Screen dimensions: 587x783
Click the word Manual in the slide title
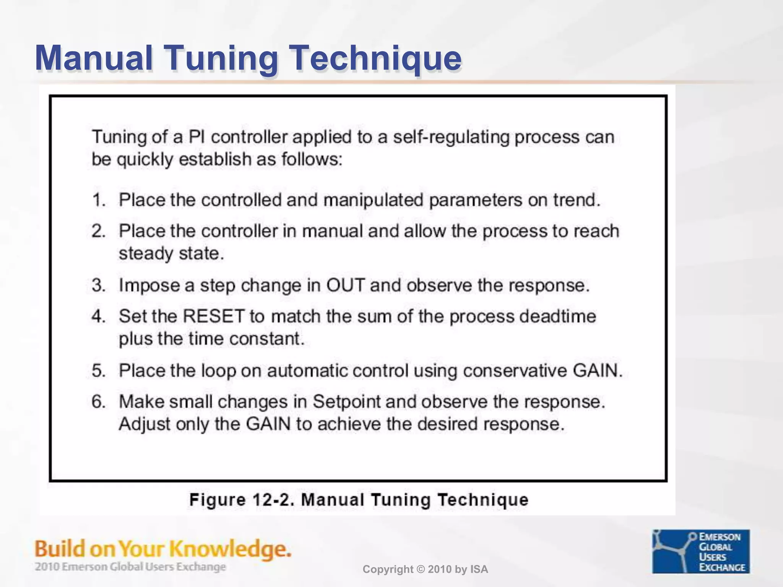(94, 58)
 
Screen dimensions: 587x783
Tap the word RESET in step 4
(213, 316)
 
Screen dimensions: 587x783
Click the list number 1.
(98, 200)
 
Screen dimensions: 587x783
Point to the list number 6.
(98, 402)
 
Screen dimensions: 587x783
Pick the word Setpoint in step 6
(347, 402)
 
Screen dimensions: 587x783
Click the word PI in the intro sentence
(197, 137)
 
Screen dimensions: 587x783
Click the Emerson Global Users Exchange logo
(701, 551)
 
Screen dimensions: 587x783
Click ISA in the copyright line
(479, 569)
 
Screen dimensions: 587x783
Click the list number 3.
(98, 285)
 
